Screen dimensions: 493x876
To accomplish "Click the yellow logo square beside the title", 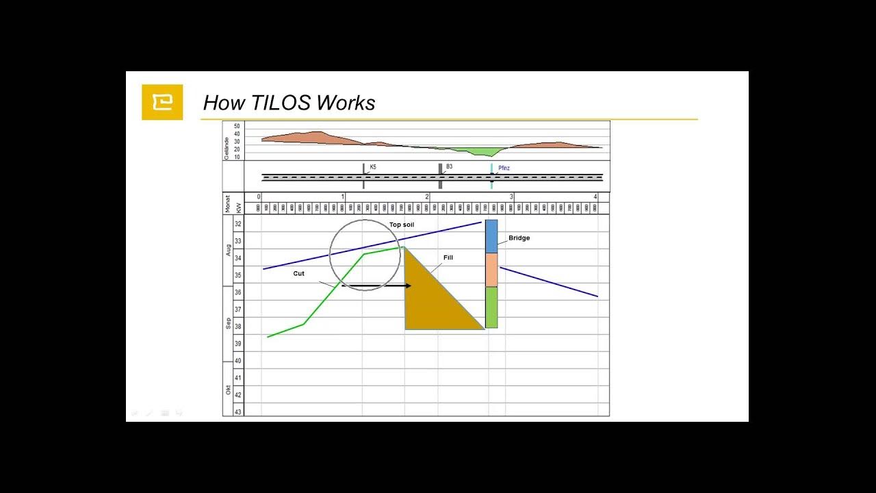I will point(162,102).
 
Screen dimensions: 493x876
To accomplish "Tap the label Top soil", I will point(402,225).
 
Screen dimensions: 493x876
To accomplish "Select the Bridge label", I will point(519,238).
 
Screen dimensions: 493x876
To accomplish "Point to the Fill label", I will point(448,257).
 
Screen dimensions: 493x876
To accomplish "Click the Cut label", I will point(298,273).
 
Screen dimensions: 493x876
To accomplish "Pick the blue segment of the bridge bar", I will point(491,236).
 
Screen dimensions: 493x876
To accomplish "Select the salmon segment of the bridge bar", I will point(491,270).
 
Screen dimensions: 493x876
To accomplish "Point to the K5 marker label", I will point(373,167).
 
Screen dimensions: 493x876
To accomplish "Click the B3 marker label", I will point(449,166).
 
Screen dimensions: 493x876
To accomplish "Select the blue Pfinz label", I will point(504,168).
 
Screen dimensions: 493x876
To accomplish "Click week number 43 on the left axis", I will point(238,412).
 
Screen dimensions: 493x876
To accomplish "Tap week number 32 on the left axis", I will point(238,225).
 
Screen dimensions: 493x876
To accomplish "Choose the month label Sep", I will point(229,323).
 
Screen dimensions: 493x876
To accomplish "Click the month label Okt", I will point(229,390).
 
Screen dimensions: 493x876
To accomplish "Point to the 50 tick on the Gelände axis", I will point(237,127).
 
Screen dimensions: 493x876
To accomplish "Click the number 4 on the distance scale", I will point(595,197).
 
